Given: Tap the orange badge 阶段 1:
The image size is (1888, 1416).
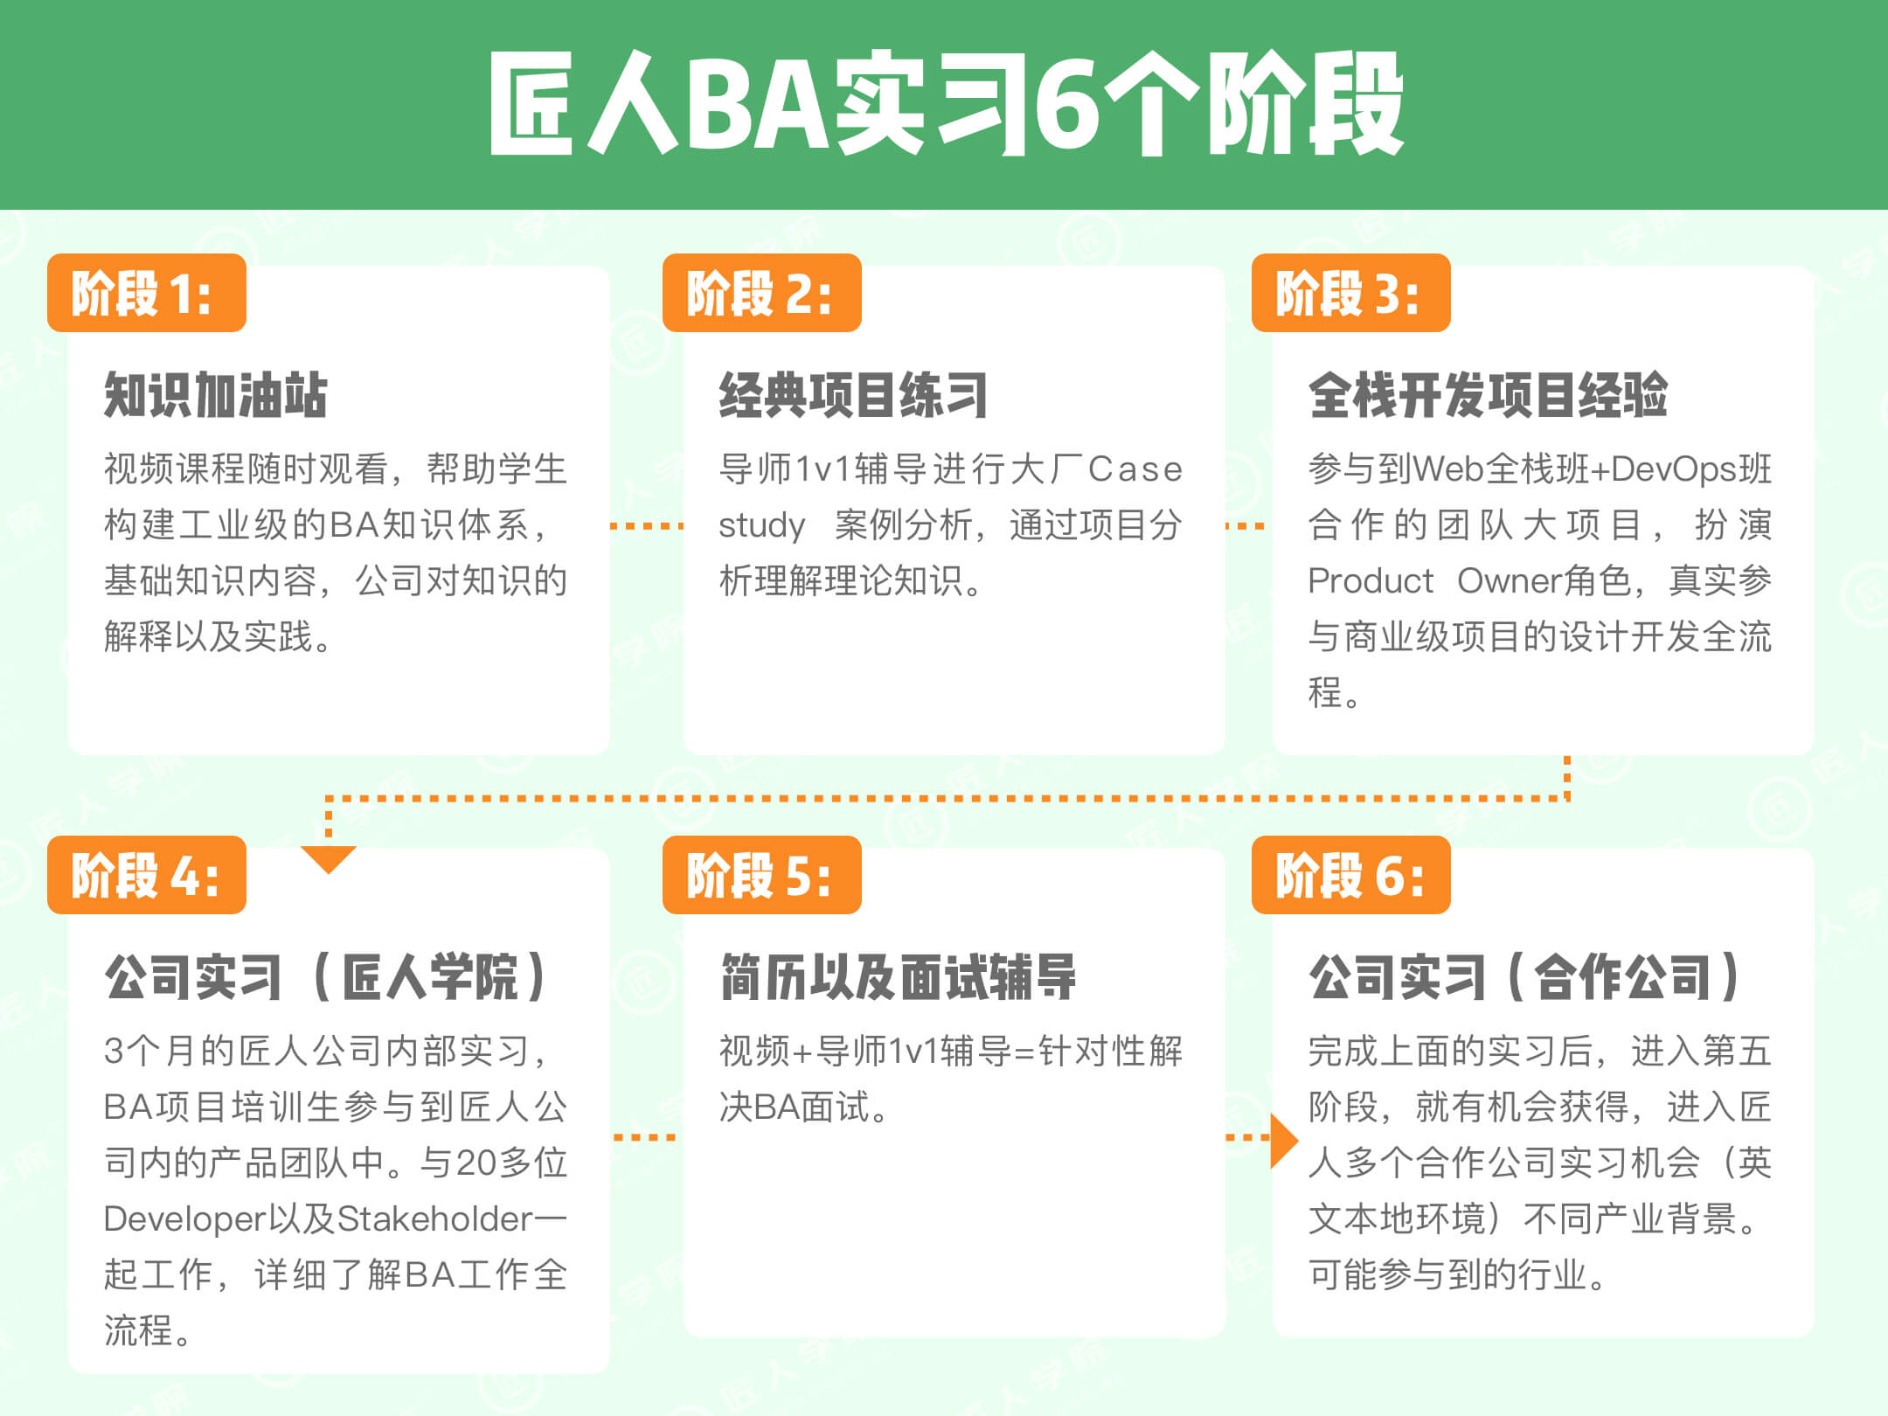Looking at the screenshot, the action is pos(147,293).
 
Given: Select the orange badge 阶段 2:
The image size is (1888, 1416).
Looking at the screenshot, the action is pos(762,293).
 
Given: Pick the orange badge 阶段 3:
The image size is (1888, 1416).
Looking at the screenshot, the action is pos(1351,293).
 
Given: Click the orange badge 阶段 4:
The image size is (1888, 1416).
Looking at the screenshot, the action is pos(147,875).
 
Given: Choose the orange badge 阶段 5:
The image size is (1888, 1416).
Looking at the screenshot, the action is pos(762,875).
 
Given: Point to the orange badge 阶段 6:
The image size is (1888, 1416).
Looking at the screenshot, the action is pos(1351,875).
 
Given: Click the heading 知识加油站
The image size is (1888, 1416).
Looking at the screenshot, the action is pos(216,395).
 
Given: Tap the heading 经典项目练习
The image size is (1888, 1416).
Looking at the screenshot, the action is pos(854,395).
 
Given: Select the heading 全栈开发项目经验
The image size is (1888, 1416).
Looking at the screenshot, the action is pos(1488,395).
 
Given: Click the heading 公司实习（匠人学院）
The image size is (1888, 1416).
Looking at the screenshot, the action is pos(326,976).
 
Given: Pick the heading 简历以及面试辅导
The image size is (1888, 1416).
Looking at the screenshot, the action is pos(898,976).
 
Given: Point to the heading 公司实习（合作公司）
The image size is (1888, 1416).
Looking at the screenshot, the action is pos(1524,976).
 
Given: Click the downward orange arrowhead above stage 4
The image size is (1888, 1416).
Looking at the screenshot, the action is pos(328,857).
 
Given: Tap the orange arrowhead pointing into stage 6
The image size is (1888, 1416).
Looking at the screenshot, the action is pos(1284,1140).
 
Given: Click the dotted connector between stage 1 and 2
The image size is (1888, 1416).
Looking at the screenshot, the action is pos(647,526).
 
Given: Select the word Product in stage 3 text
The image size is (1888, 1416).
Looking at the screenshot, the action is pos(1371,581).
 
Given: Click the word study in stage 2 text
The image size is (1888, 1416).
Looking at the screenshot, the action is pos(761,526).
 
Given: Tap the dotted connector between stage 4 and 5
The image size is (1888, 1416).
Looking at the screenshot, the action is pos(645,1137).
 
